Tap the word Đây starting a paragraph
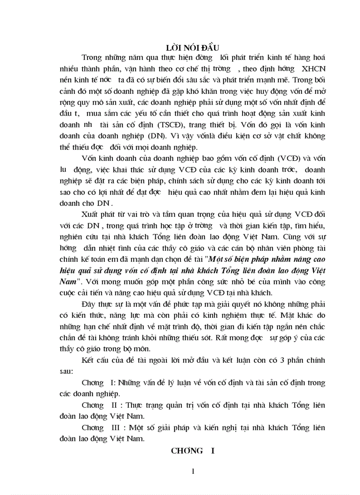(90, 304)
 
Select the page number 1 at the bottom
(193, 471)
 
